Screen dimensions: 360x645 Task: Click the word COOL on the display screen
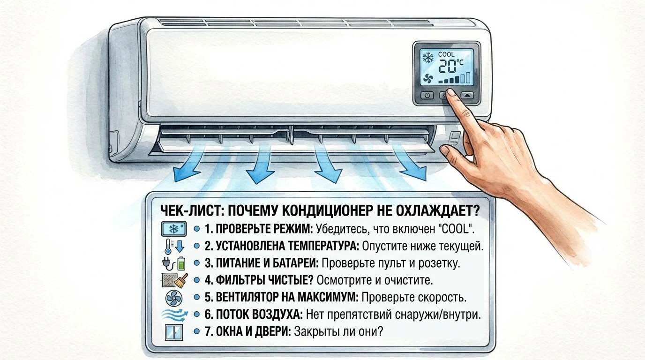click(x=446, y=54)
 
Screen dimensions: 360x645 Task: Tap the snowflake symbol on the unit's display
click(x=427, y=58)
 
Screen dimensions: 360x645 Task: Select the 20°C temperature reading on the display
click(x=450, y=67)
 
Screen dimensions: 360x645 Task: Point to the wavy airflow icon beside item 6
click(x=174, y=315)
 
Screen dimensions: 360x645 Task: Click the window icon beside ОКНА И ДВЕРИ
click(x=173, y=332)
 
